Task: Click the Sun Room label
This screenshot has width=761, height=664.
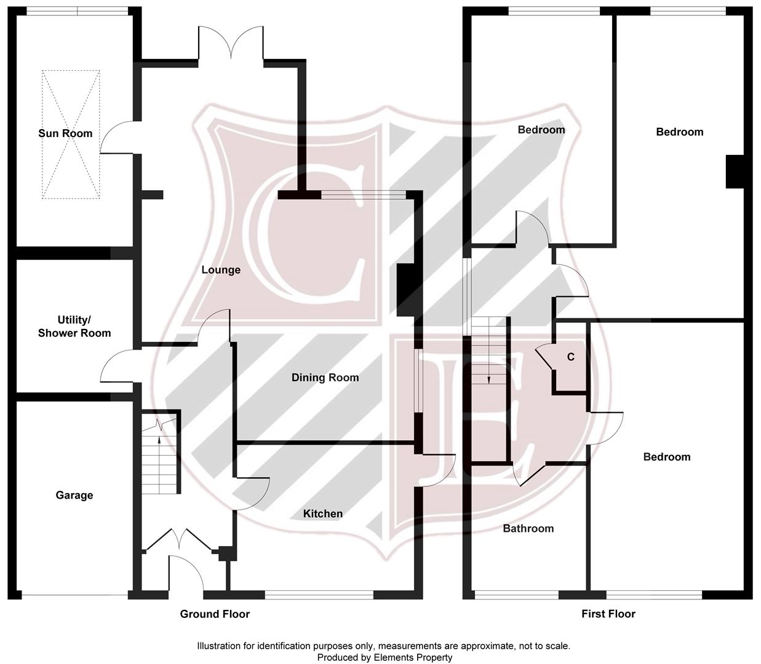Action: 65,133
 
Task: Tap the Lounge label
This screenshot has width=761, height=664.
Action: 221,270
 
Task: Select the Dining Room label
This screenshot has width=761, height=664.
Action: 325,377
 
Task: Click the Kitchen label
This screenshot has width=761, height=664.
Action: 323,513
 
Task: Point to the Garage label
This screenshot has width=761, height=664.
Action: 74,495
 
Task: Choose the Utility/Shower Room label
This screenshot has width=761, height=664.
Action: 74,326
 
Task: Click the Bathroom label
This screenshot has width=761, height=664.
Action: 528,528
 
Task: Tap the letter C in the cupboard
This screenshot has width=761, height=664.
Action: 570,357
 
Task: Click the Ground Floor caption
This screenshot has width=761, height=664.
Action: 215,614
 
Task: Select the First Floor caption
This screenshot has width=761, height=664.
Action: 608,614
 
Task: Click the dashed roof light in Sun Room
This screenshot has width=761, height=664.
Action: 71,134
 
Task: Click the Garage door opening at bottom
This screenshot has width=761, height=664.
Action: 74,595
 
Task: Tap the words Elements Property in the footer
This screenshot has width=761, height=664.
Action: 413,657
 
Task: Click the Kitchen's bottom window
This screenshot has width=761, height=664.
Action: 319,595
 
